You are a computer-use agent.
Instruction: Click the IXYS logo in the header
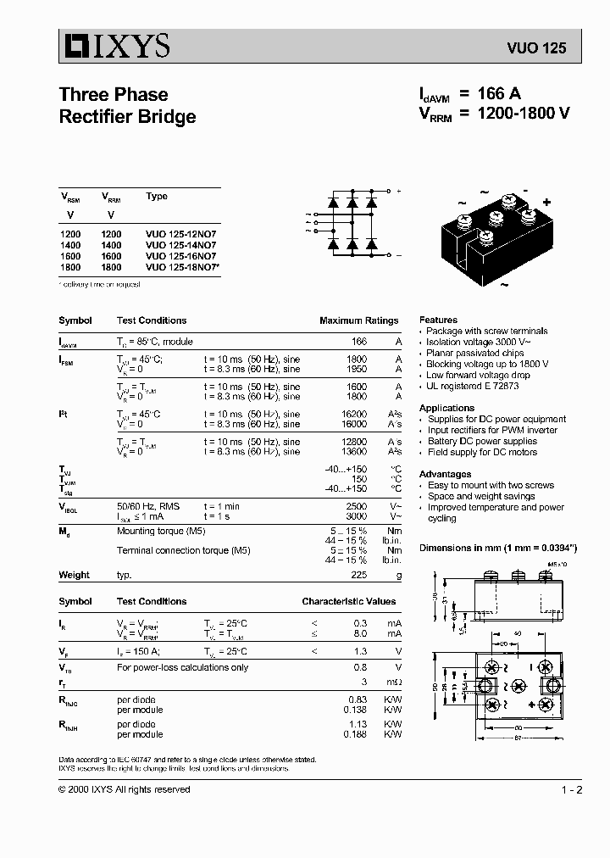[x=114, y=46]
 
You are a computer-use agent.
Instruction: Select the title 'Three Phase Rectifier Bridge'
[x=127, y=105]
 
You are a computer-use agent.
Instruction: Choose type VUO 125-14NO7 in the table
[x=180, y=244]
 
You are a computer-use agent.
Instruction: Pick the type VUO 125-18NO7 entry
[x=182, y=266]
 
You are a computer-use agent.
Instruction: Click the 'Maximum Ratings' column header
[x=358, y=320]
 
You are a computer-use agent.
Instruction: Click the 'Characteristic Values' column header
[x=349, y=601]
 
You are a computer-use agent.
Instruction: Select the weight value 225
[x=359, y=575]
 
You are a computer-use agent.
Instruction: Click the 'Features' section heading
[x=438, y=320]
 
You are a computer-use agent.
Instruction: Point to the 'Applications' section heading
[x=446, y=408]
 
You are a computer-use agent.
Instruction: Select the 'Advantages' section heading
[x=445, y=474]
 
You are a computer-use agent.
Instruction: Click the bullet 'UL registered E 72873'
[x=472, y=386]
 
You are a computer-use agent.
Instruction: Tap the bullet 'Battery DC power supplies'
[x=480, y=441]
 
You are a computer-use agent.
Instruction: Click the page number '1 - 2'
[x=571, y=789]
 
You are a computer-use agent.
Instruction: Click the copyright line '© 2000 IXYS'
[x=124, y=789]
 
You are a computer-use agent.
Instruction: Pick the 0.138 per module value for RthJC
[x=355, y=708]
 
